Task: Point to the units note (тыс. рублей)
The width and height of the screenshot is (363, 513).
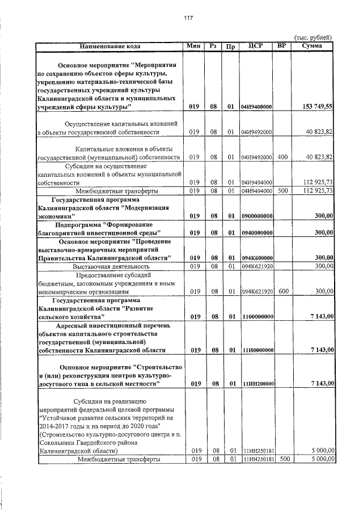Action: pos(314,37)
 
